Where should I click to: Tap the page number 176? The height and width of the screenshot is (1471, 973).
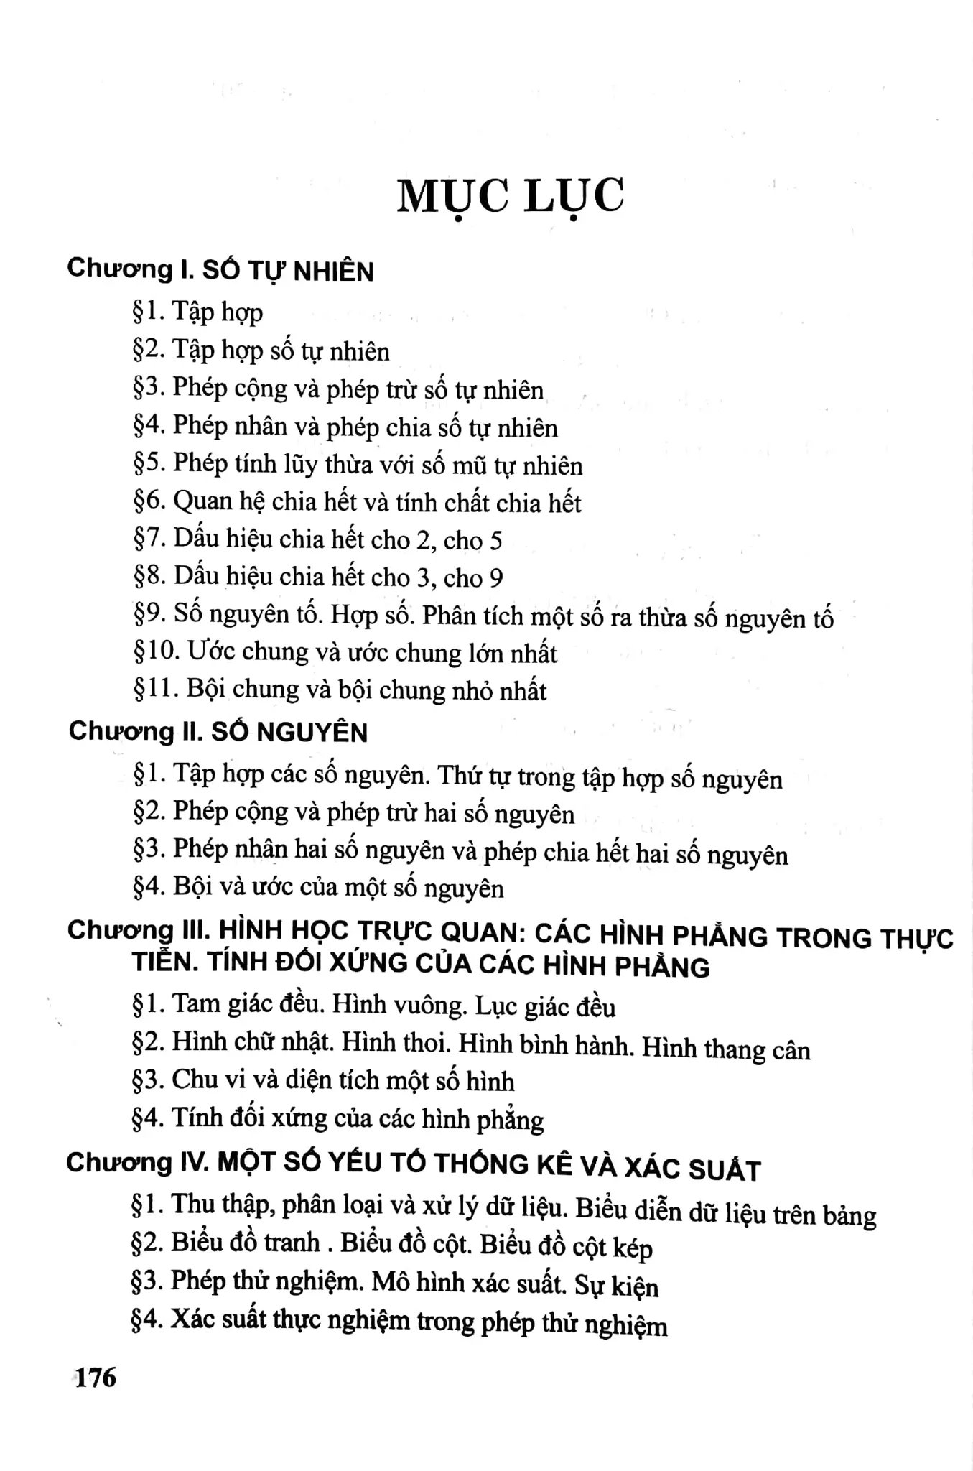(x=96, y=1377)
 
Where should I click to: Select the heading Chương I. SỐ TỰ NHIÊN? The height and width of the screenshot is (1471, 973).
(x=220, y=271)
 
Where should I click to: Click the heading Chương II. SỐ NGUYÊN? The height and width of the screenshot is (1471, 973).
(x=218, y=732)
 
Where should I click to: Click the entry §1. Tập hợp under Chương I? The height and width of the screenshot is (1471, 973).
(x=198, y=312)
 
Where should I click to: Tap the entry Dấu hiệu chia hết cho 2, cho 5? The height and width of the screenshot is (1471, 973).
(x=317, y=539)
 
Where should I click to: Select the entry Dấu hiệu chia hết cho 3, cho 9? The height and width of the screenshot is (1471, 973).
(x=318, y=577)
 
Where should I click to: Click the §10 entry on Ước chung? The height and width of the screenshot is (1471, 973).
(x=345, y=652)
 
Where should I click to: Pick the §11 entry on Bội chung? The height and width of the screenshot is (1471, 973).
(x=340, y=690)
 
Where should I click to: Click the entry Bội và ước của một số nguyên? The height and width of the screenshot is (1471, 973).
(x=318, y=888)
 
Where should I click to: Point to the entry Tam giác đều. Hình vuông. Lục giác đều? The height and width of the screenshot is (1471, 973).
(x=373, y=1005)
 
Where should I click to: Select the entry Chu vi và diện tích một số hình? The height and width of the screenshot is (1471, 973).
(x=323, y=1080)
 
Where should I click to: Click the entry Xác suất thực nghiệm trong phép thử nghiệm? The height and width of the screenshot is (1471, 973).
(x=399, y=1322)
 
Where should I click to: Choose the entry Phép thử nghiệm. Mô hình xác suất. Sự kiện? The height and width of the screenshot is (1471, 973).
(x=394, y=1284)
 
